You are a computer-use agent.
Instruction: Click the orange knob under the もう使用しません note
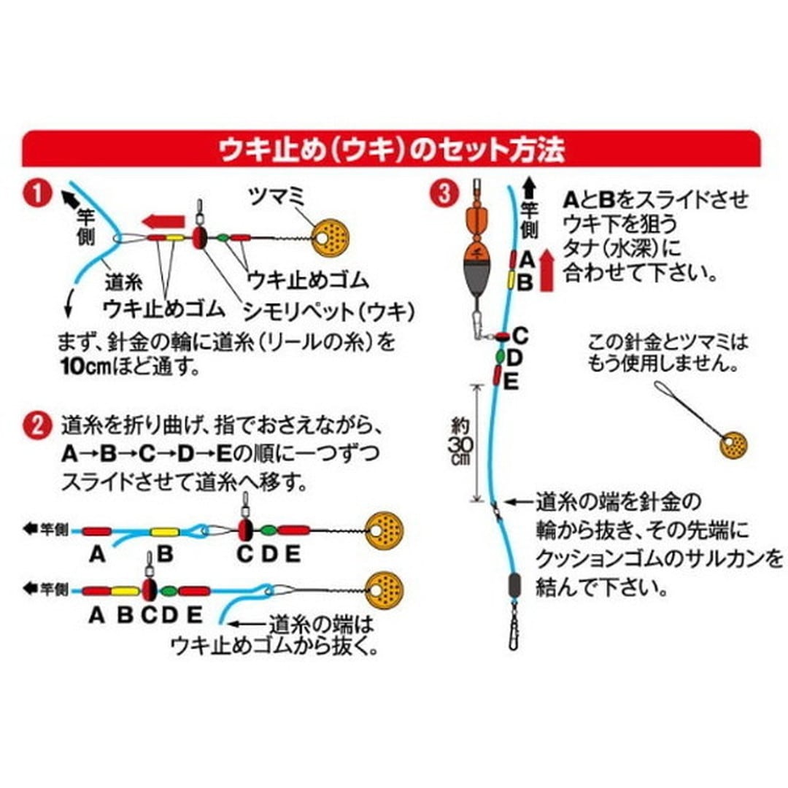pyautogui.click(x=733, y=444)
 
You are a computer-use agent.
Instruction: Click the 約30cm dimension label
pyautogui.click(x=460, y=441)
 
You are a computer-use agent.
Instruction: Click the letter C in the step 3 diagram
pyautogui.click(x=520, y=336)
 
